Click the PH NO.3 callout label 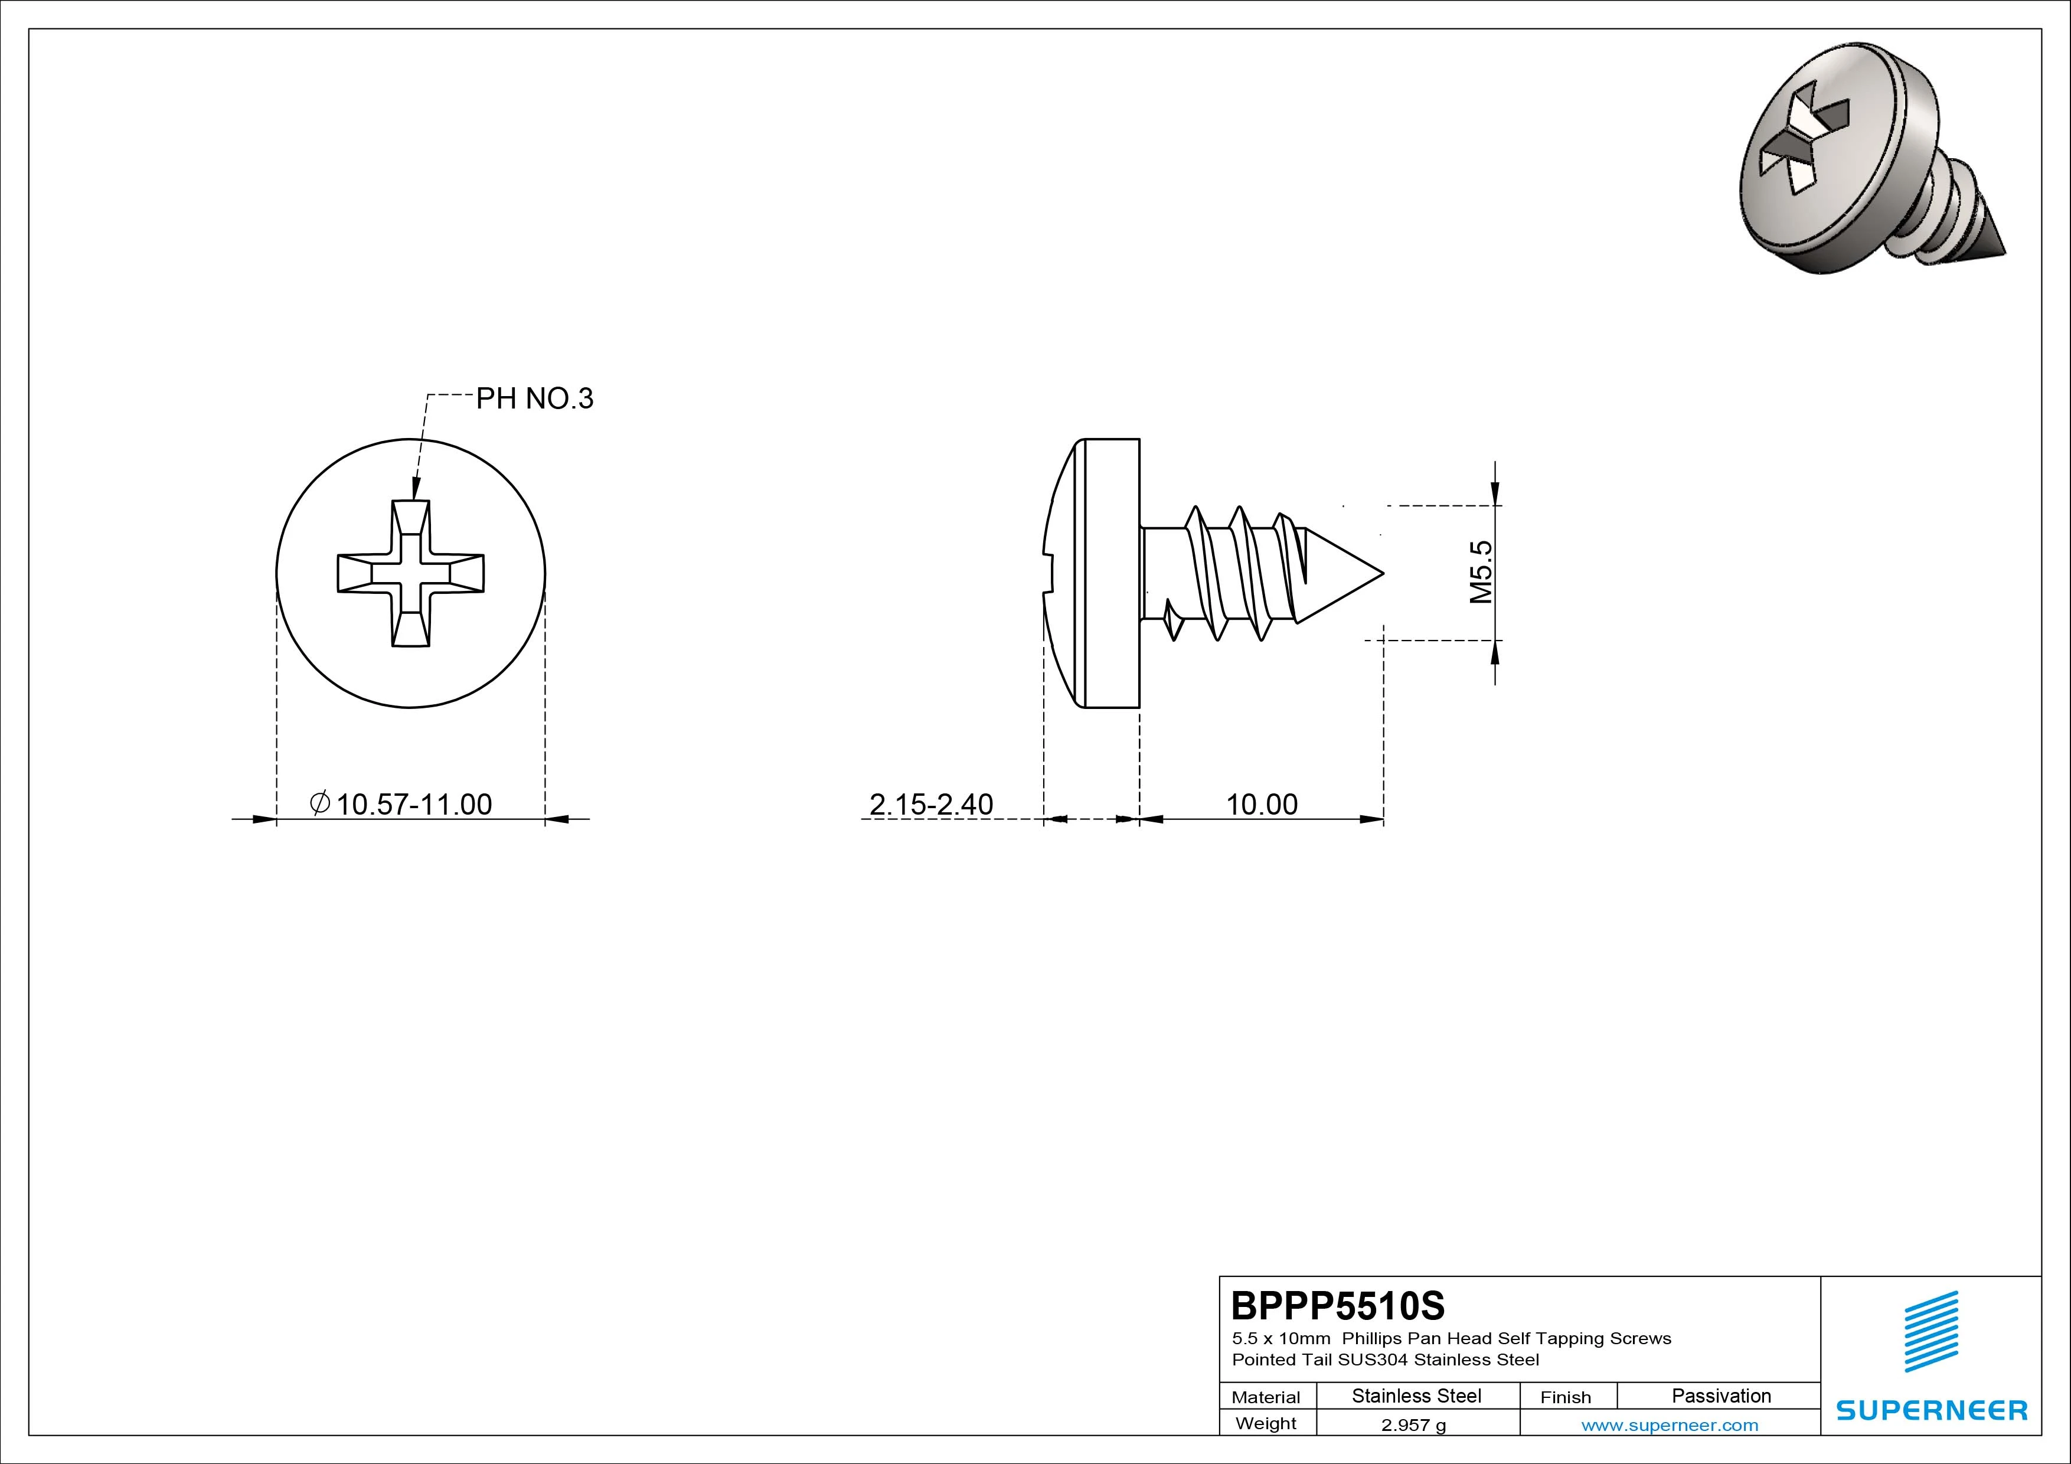pos(534,398)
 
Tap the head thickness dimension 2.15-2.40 pos(931,803)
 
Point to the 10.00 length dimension pos(1261,803)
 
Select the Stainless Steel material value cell pos(1416,1396)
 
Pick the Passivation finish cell pos(1721,1396)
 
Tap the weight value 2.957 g pos(1413,1425)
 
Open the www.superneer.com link pos(1670,1425)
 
